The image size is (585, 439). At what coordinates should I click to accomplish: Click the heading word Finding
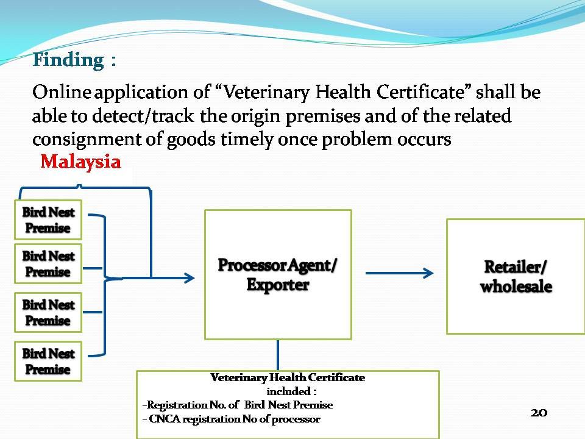[68, 60]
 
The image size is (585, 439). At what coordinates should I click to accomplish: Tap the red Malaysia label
[80, 162]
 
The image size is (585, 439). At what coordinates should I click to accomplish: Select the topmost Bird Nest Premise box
[48, 220]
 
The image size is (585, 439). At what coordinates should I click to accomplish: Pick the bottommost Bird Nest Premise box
[48, 362]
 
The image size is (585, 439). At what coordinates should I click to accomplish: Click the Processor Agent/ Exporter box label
[278, 275]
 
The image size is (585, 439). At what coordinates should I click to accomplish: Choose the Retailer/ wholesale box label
[516, 277]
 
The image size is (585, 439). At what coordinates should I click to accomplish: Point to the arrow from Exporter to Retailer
[399, 273]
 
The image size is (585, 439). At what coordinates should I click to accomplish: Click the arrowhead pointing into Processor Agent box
[190, 278]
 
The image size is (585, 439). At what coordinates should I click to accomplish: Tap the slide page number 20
[539, 413]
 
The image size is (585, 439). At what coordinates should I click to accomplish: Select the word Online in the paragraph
[62, 92]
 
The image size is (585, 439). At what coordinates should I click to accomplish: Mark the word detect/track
[143, 116]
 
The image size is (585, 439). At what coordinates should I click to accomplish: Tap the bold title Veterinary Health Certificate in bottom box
[288, 377]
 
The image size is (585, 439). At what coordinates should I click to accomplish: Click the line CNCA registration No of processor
[232, 419]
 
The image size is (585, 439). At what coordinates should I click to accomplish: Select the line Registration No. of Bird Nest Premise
[238, 405]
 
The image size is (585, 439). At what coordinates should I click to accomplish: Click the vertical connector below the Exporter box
[278, 355]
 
